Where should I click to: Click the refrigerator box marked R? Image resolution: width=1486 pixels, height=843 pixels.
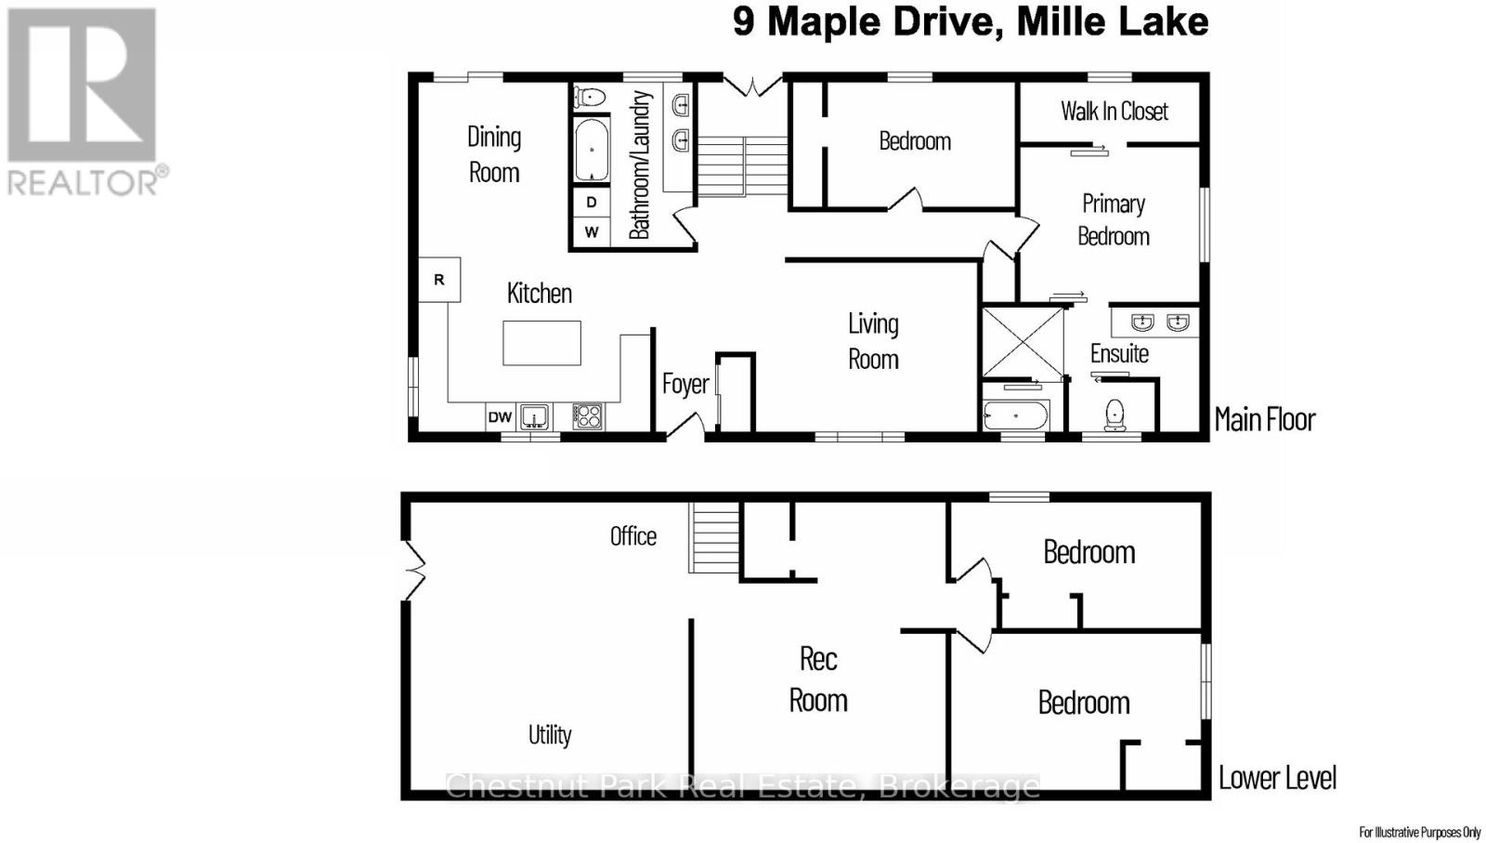(x=439, y=280)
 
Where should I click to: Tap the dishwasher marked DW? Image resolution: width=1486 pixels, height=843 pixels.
(x=500, y=417)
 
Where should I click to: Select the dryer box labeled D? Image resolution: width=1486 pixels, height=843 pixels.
(x=591, y=202)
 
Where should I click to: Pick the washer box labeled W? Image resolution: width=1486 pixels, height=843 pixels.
(x=591, y=231)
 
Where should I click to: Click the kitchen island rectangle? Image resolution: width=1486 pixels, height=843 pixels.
(x=541, y=343)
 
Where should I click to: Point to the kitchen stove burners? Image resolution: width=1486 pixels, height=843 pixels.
(x=587, y=416)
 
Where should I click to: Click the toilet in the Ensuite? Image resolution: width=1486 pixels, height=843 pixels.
(x=1114, y=415)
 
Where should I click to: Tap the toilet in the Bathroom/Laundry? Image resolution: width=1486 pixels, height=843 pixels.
(x=590, y=96)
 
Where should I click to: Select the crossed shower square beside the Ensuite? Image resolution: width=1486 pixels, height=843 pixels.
(x=1023, y=342)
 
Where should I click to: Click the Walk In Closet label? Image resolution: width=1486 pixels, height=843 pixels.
(x=1114, y=112)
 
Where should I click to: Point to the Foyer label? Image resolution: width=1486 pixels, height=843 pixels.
(x=685, y=384)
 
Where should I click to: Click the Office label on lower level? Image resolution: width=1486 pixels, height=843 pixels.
(x=632, y=536)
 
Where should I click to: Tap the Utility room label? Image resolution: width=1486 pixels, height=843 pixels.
(x=550, y=735)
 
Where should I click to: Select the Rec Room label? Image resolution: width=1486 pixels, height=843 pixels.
(x=818, y=679)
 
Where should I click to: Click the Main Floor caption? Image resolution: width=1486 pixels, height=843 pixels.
(x=1264, y=419)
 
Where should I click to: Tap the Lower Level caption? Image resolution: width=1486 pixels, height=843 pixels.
(x=1277, y=778)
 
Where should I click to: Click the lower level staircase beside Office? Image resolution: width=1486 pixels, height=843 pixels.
(x=714, y=538)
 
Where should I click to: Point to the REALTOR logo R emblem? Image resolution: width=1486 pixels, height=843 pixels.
(x=82, y=86)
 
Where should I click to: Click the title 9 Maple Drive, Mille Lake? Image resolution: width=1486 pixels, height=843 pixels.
(x=970, y=21)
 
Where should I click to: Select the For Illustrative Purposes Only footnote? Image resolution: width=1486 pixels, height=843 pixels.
(x=1419, y=832)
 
